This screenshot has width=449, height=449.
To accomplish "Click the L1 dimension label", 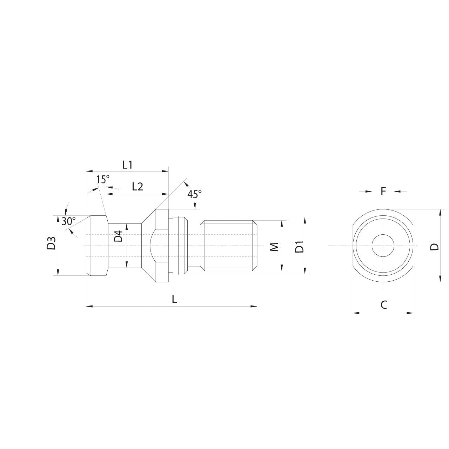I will tap(127, 165).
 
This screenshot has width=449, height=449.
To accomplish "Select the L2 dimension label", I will tap(138, 187).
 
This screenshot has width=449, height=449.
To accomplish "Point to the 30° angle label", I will tap(68, 221).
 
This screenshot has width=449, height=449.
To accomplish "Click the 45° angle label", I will tap(195, 194).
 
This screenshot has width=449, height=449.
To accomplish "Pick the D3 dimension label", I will tap(52, 244).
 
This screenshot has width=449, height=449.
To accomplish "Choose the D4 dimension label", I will tap(119, 236).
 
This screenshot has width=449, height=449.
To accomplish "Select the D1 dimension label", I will tap(299, 247).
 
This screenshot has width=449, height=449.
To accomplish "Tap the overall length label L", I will tap(174, 299).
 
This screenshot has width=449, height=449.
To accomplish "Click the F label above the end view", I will tap(383, 191).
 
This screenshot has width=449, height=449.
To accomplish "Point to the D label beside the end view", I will tap(435, 247).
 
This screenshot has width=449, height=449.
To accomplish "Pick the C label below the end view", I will tap(384, 304).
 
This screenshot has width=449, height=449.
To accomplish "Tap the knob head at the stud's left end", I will tap(96, 246).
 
